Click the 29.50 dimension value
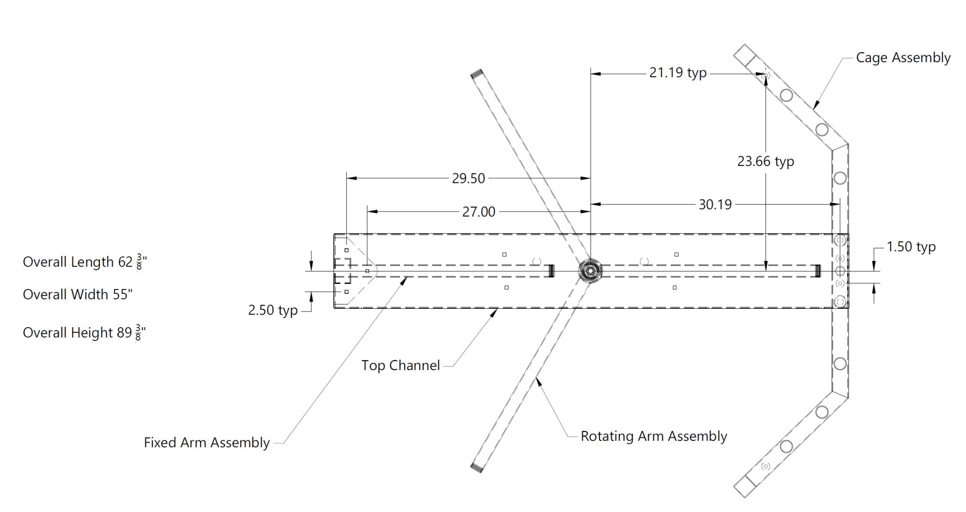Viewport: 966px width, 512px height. (468, 179)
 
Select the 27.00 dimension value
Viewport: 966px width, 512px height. (478, 212)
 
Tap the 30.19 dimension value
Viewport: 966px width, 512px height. (715, 205)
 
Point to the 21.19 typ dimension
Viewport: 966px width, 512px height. (678, 73)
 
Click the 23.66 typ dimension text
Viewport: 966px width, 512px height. (766, 162)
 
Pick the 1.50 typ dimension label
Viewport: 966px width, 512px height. (911, 247)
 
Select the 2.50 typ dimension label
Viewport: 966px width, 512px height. (273, 310)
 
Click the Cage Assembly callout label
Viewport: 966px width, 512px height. (903, 58)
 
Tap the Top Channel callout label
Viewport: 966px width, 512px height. (400, 365)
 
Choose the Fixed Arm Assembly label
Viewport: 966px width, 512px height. (207, 443)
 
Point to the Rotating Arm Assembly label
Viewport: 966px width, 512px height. (653, 436)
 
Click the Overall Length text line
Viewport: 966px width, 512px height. (84, 262)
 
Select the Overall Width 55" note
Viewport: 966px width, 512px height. (77, 295)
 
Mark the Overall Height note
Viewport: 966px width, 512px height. (83, 333)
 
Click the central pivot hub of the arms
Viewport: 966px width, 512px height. (590, 271)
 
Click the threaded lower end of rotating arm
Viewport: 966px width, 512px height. (476, 467)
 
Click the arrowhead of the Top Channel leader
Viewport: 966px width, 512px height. (496, 311)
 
